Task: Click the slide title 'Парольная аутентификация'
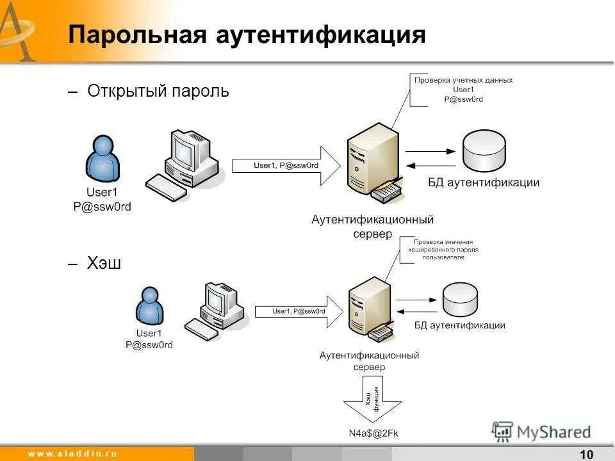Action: point(247,35)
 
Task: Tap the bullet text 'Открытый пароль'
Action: point(158,91)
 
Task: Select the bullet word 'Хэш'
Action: point(104,263)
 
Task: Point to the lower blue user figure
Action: point(149,305)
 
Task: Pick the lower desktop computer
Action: point(215,311)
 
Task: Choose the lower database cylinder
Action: point(460,298)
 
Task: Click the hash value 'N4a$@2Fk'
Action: point(373,433)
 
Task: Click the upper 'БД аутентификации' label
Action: point(484,182)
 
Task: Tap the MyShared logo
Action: point(541,432)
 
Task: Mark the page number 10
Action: point(586,454)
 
